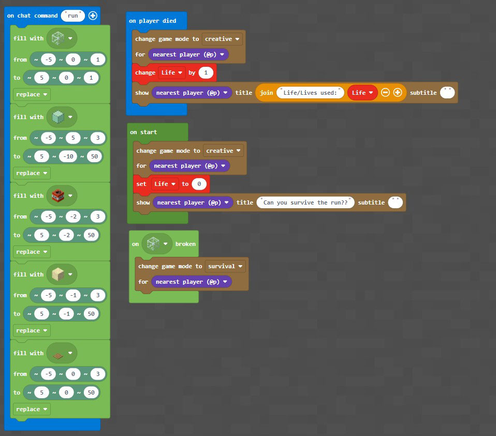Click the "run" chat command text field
click(73, 16)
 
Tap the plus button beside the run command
click(93, 16)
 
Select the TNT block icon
click(58, 196)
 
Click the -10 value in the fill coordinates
click(68, 156)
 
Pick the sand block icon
click(58, 274)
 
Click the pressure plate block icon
click(58, 356)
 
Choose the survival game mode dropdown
click(225, 266)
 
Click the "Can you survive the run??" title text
click(305, 202)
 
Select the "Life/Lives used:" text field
click(310, 93)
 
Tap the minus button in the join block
click(385, 92)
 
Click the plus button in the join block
click(398, 92)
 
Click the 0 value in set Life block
click(199, 184)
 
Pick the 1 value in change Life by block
click(206, 73)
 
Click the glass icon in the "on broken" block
click(153, 243)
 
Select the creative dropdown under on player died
click(222, 39)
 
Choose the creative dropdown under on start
click(223, 151)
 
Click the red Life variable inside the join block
click(362, 93)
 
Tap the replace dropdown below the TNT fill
click(32, 252)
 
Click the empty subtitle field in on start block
click(395, 202)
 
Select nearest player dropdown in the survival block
click(192, 282)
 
